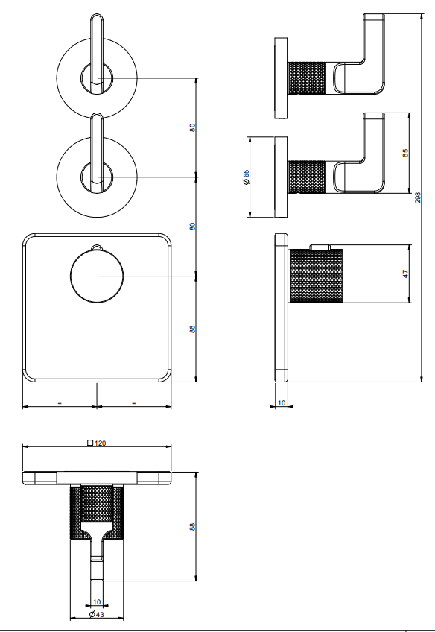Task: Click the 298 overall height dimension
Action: coord(418,197)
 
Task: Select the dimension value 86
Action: coord(192,329)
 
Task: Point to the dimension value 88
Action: coord(192,526)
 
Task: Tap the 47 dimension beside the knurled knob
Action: coord(406,274)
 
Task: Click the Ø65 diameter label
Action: coord(246,177)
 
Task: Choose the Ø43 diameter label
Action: coord(97,614)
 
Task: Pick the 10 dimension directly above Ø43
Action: coord(97,601)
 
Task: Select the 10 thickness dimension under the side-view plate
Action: coord(282,402)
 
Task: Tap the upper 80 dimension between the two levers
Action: coord(192,127)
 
